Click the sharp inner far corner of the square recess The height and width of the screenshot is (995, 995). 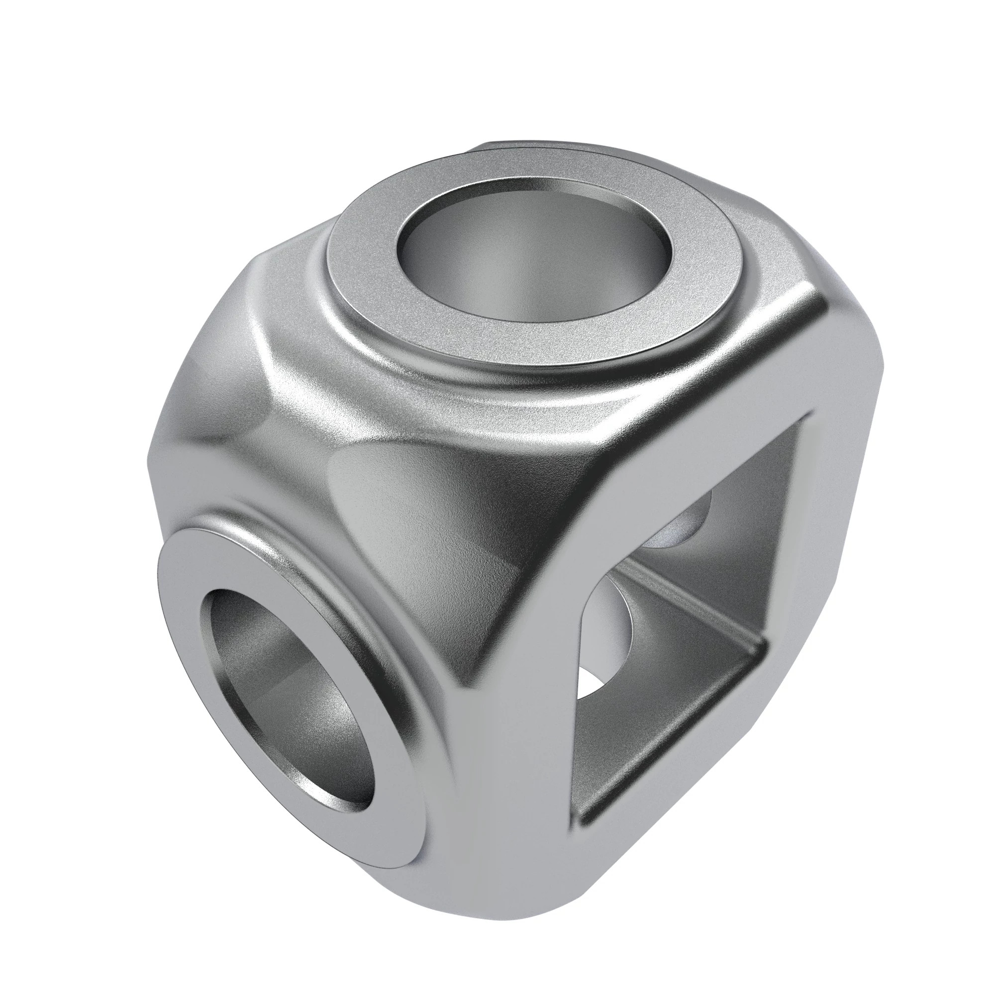click(762, 646)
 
